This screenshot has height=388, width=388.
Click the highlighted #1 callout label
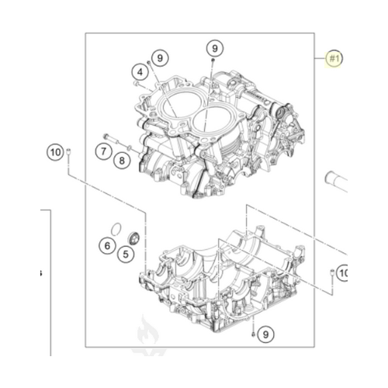(x=334, y=58)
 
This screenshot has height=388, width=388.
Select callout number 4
(x=140, y=72)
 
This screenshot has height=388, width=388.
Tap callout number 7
(x=103, y=150)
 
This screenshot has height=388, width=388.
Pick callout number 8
(x=122, y=161)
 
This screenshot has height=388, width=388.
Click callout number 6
(x=106, y=246)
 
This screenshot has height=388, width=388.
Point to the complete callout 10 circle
(x=54, y=152)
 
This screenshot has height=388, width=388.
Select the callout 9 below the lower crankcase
(x=265, y=334)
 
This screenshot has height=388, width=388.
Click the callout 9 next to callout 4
(x=159, y=57)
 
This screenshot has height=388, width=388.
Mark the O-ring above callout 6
(x=114, y=228)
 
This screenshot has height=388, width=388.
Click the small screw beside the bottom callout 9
(x=252, y=334)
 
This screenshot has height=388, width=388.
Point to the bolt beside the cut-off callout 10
(x=332, y=272)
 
